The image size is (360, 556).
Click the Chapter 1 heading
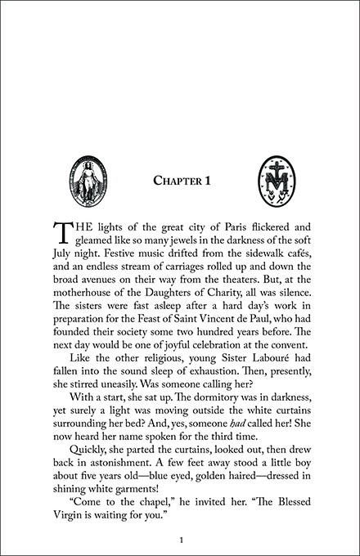tap(180, 180)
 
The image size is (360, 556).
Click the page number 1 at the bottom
tap(180, 540)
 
